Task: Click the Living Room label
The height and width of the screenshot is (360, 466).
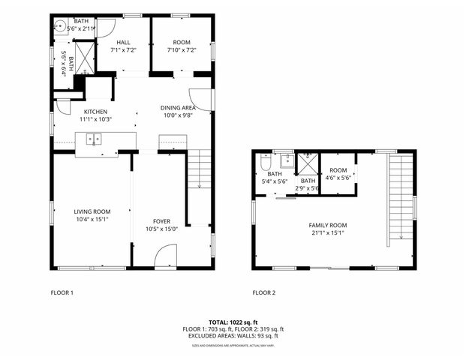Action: [92, 211]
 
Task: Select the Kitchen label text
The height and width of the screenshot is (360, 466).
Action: [95, 111]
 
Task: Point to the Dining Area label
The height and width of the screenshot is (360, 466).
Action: [177, 107]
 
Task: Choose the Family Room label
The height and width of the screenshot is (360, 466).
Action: [328, 225]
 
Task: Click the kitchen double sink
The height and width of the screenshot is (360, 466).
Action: [94, 139]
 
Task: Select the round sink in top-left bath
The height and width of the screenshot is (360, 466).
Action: [60, 23]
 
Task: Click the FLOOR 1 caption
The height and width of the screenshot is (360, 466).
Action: [62, 292]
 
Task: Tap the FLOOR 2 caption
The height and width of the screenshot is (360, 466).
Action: [264, 292]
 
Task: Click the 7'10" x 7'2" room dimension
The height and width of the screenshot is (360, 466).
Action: [182, 50]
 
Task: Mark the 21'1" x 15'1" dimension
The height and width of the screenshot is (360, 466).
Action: [328, 232]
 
